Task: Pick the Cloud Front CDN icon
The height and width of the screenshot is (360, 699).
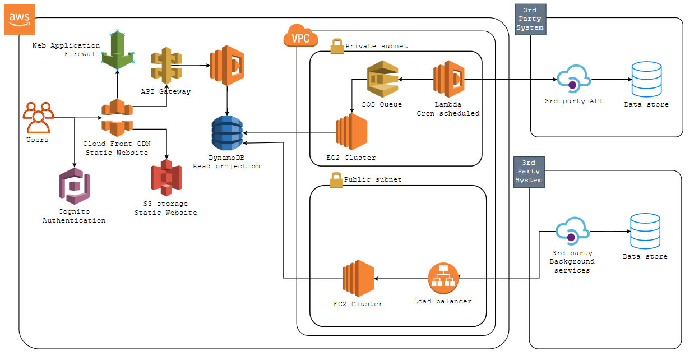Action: [x=117, y=118]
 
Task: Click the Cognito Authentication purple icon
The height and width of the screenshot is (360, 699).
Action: [x=74, y=187]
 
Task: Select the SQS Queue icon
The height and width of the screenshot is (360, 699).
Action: [x=382, y=80]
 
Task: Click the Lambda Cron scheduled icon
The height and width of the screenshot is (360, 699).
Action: [x=448, y=79]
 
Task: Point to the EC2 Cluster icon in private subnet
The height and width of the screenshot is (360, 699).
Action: [x=351, y=132]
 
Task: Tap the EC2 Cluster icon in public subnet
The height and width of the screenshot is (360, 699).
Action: [x=358, y=279]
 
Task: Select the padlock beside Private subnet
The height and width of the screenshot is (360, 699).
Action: [x=337, y=45]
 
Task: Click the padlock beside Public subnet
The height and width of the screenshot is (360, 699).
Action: [x=336, y=179]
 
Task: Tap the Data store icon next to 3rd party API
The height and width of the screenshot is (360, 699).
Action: [x=646, y=80]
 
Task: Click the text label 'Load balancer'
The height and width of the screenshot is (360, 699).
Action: [x=442, y=301]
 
